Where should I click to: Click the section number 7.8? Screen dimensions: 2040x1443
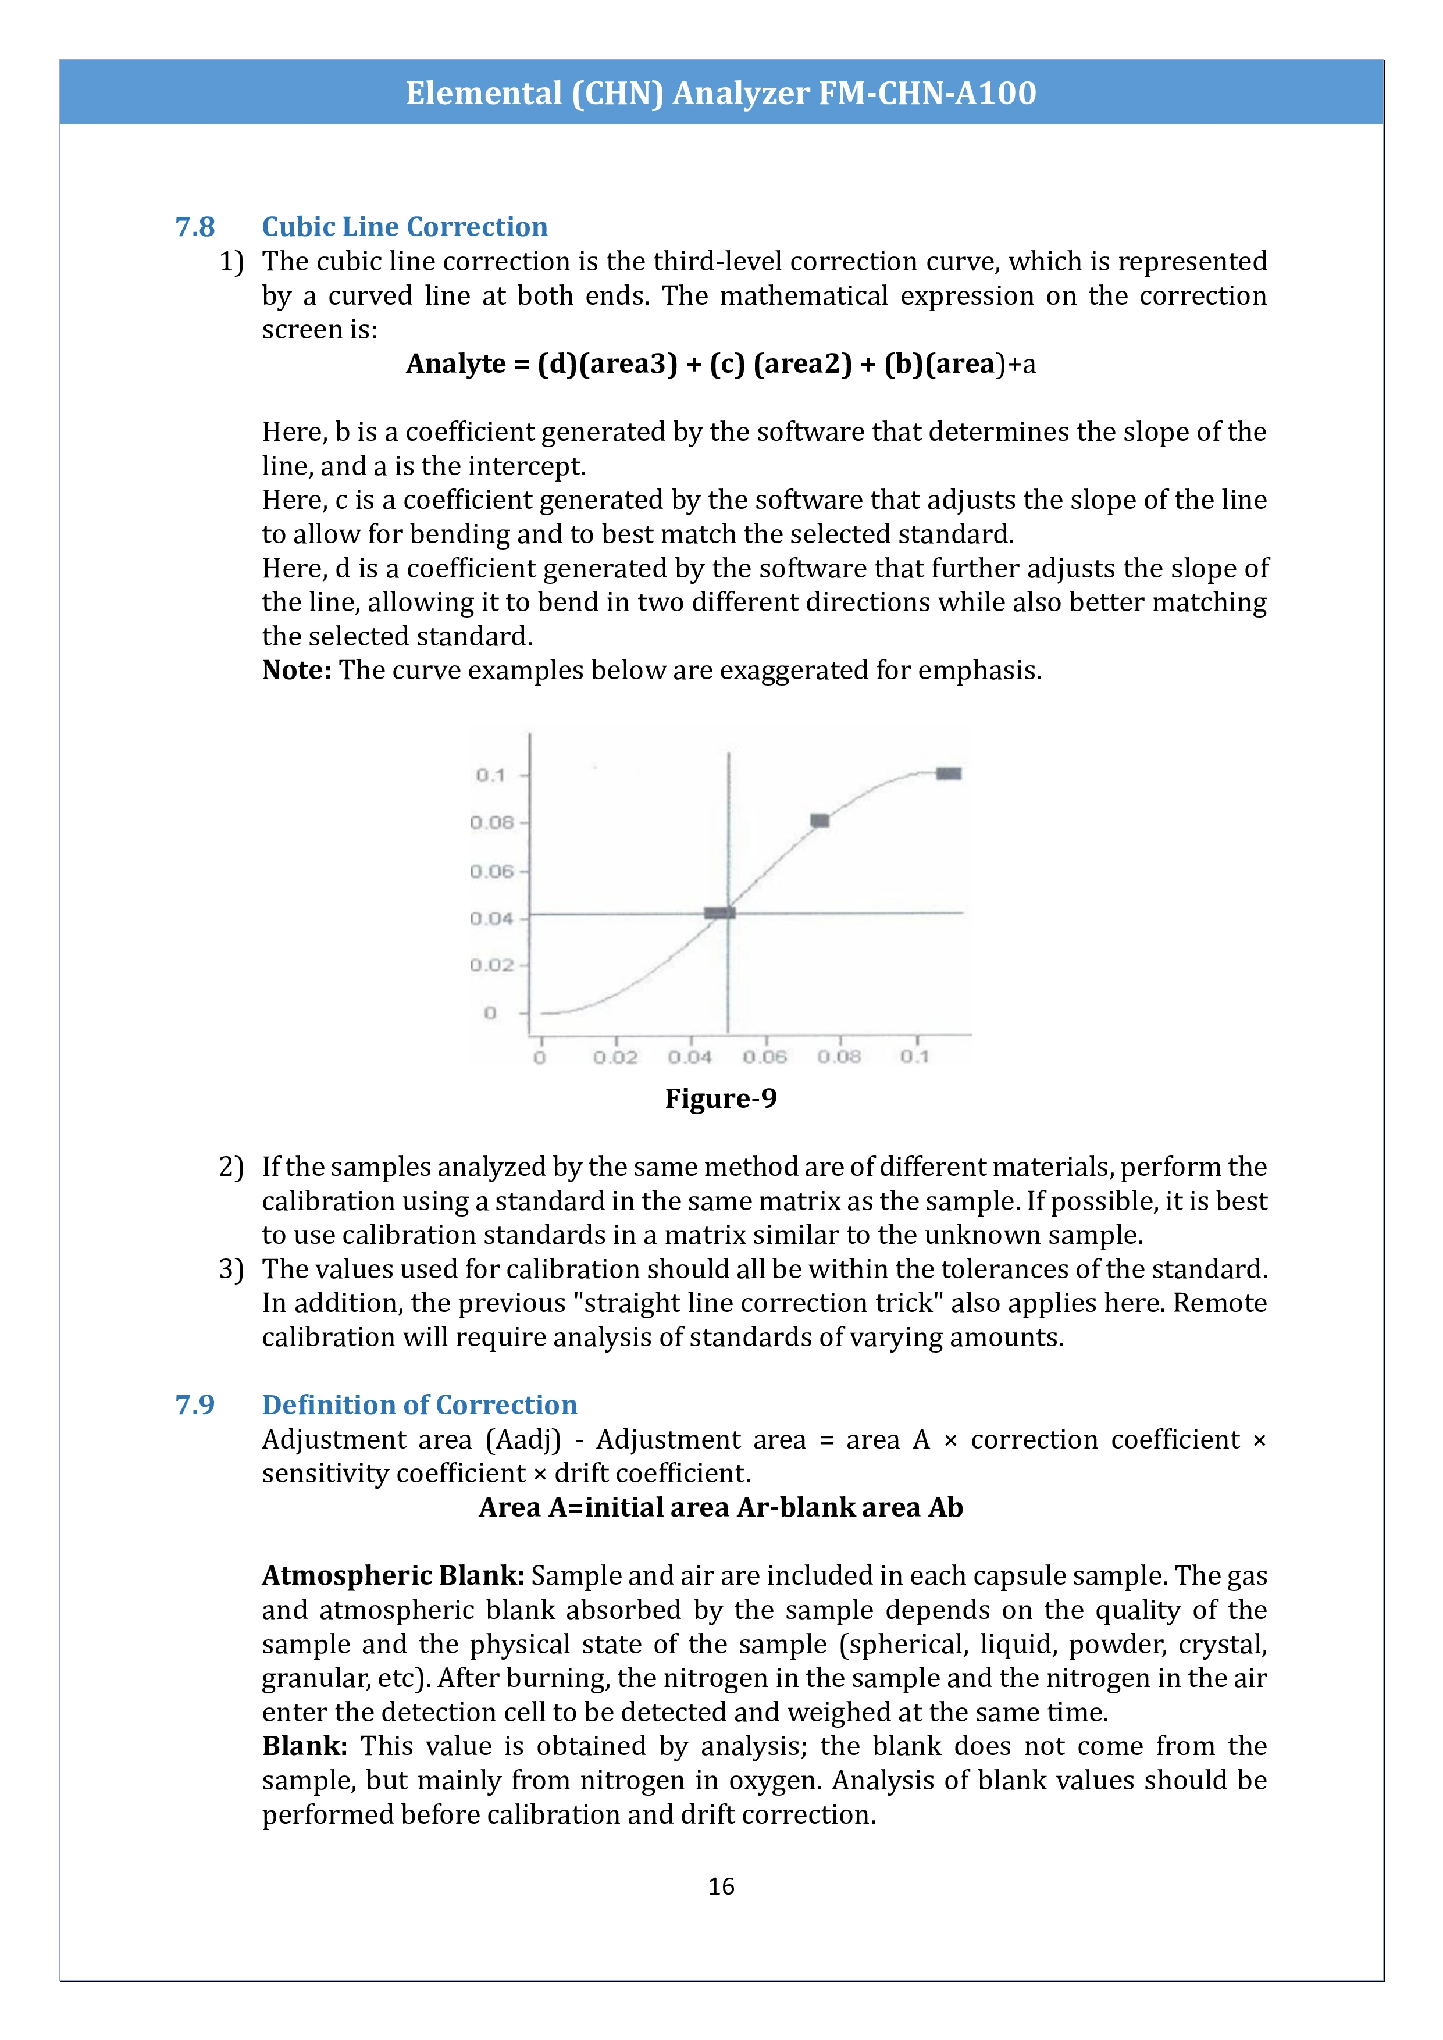pyautogui.click(x=195, y=227)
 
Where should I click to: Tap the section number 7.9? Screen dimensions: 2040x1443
pyautogui.click(x=195, y=1405)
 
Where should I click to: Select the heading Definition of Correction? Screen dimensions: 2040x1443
pyautogui.click(x=419, y=1405)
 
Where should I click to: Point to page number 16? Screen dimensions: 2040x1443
pyautogui.click(x=721, y=1886)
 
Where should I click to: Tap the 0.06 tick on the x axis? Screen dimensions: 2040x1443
pyautogui.click(x=765, y=1057)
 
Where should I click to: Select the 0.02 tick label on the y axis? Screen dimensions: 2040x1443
pyautogui.click(x=492, y=965)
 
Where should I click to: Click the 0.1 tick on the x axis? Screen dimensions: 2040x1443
pyautogui.click(x=914, y=1057)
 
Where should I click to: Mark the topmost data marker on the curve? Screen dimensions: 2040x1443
pyautogui.click(x=949, y=774)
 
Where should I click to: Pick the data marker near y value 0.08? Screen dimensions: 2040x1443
pyautogui.click(x=820, y=820)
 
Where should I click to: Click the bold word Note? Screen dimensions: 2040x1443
pyautogui.click(x=297, y=670)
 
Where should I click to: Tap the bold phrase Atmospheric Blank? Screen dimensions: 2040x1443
pyautogui.click(x=393, y=1575)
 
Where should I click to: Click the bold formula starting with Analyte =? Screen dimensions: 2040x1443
pyautogui.click(x=721, y=363)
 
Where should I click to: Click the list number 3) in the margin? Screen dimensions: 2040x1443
pyautogui.click(x=231, y=1269)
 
